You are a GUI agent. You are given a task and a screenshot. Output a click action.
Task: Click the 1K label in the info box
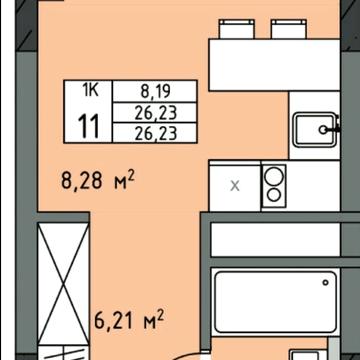coord(90,91)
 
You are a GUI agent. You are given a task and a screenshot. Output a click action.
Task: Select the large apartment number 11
coord(89,126)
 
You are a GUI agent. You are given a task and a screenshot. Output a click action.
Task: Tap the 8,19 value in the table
coord(155,92)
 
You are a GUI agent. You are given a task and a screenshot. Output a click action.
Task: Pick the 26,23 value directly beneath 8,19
coord(155,113)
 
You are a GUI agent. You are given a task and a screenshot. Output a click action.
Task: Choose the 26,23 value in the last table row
coord(155,133)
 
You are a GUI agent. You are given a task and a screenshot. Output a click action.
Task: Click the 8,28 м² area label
coord(97,182)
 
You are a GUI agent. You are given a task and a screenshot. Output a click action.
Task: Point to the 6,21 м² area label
coord(129,320)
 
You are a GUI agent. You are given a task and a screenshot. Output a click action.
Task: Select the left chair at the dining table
coord(237,29)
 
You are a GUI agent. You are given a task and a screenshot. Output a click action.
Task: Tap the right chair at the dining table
coord(289,29)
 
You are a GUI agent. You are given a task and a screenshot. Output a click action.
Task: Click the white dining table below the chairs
coord(274,65)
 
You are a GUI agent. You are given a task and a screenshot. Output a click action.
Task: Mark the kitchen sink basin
coord(315,129)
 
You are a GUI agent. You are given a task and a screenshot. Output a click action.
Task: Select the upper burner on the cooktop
coord(273,177)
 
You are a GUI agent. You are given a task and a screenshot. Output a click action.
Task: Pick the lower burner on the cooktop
coord(274,195)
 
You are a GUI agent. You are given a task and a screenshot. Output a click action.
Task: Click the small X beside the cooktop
coord(235,186)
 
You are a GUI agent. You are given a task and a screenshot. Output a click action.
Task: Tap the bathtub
coord(275,302)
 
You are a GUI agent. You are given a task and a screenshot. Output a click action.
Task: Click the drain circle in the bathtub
coord(325,283)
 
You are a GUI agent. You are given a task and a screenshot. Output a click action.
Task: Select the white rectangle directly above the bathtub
coord(275,240)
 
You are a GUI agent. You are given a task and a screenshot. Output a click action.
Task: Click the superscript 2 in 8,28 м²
coord(131,177)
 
